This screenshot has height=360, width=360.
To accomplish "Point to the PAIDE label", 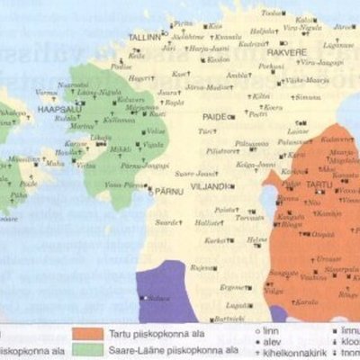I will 214,117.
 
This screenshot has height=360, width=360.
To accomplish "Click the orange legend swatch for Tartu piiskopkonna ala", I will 89,334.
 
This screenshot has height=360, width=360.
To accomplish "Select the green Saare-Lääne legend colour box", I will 89,350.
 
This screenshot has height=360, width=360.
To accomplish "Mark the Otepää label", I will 322,236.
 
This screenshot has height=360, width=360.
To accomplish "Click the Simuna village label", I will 309,97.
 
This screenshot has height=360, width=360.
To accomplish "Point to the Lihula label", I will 92,139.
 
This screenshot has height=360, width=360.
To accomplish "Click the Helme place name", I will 258,239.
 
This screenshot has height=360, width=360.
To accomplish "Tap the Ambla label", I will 238,76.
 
